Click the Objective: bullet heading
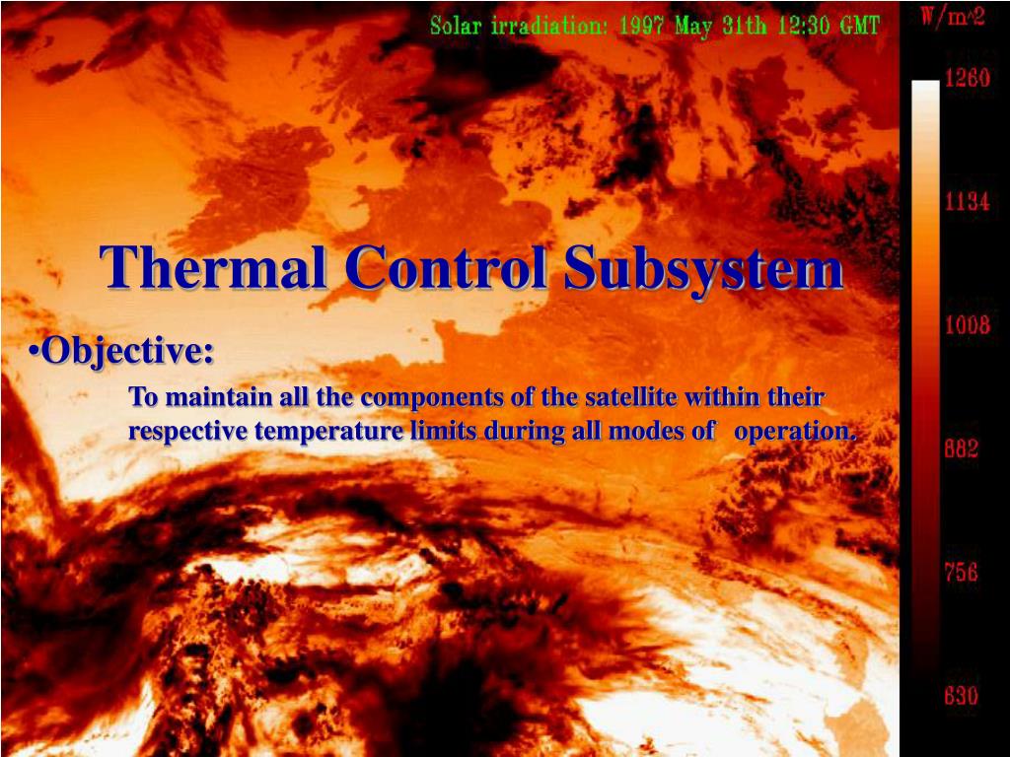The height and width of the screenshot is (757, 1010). coord(125,351)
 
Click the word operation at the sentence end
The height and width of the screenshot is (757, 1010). coord(796,432)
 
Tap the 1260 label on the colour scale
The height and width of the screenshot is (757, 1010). coord(967,80)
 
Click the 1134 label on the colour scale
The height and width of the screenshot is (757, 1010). coord(967,202)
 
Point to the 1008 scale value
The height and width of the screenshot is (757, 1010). coord(967,325)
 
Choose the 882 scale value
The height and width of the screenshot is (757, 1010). coord(961,449)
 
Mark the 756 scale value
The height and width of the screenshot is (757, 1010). coord(961,572)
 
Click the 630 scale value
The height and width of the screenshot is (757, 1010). coord(961,697)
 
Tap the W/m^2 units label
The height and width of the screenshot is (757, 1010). coord(953,19)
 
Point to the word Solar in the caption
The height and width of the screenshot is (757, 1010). coord(455,27)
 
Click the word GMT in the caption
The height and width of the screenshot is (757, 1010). coord(857,27)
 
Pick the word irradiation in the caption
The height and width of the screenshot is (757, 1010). coord(547,27)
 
